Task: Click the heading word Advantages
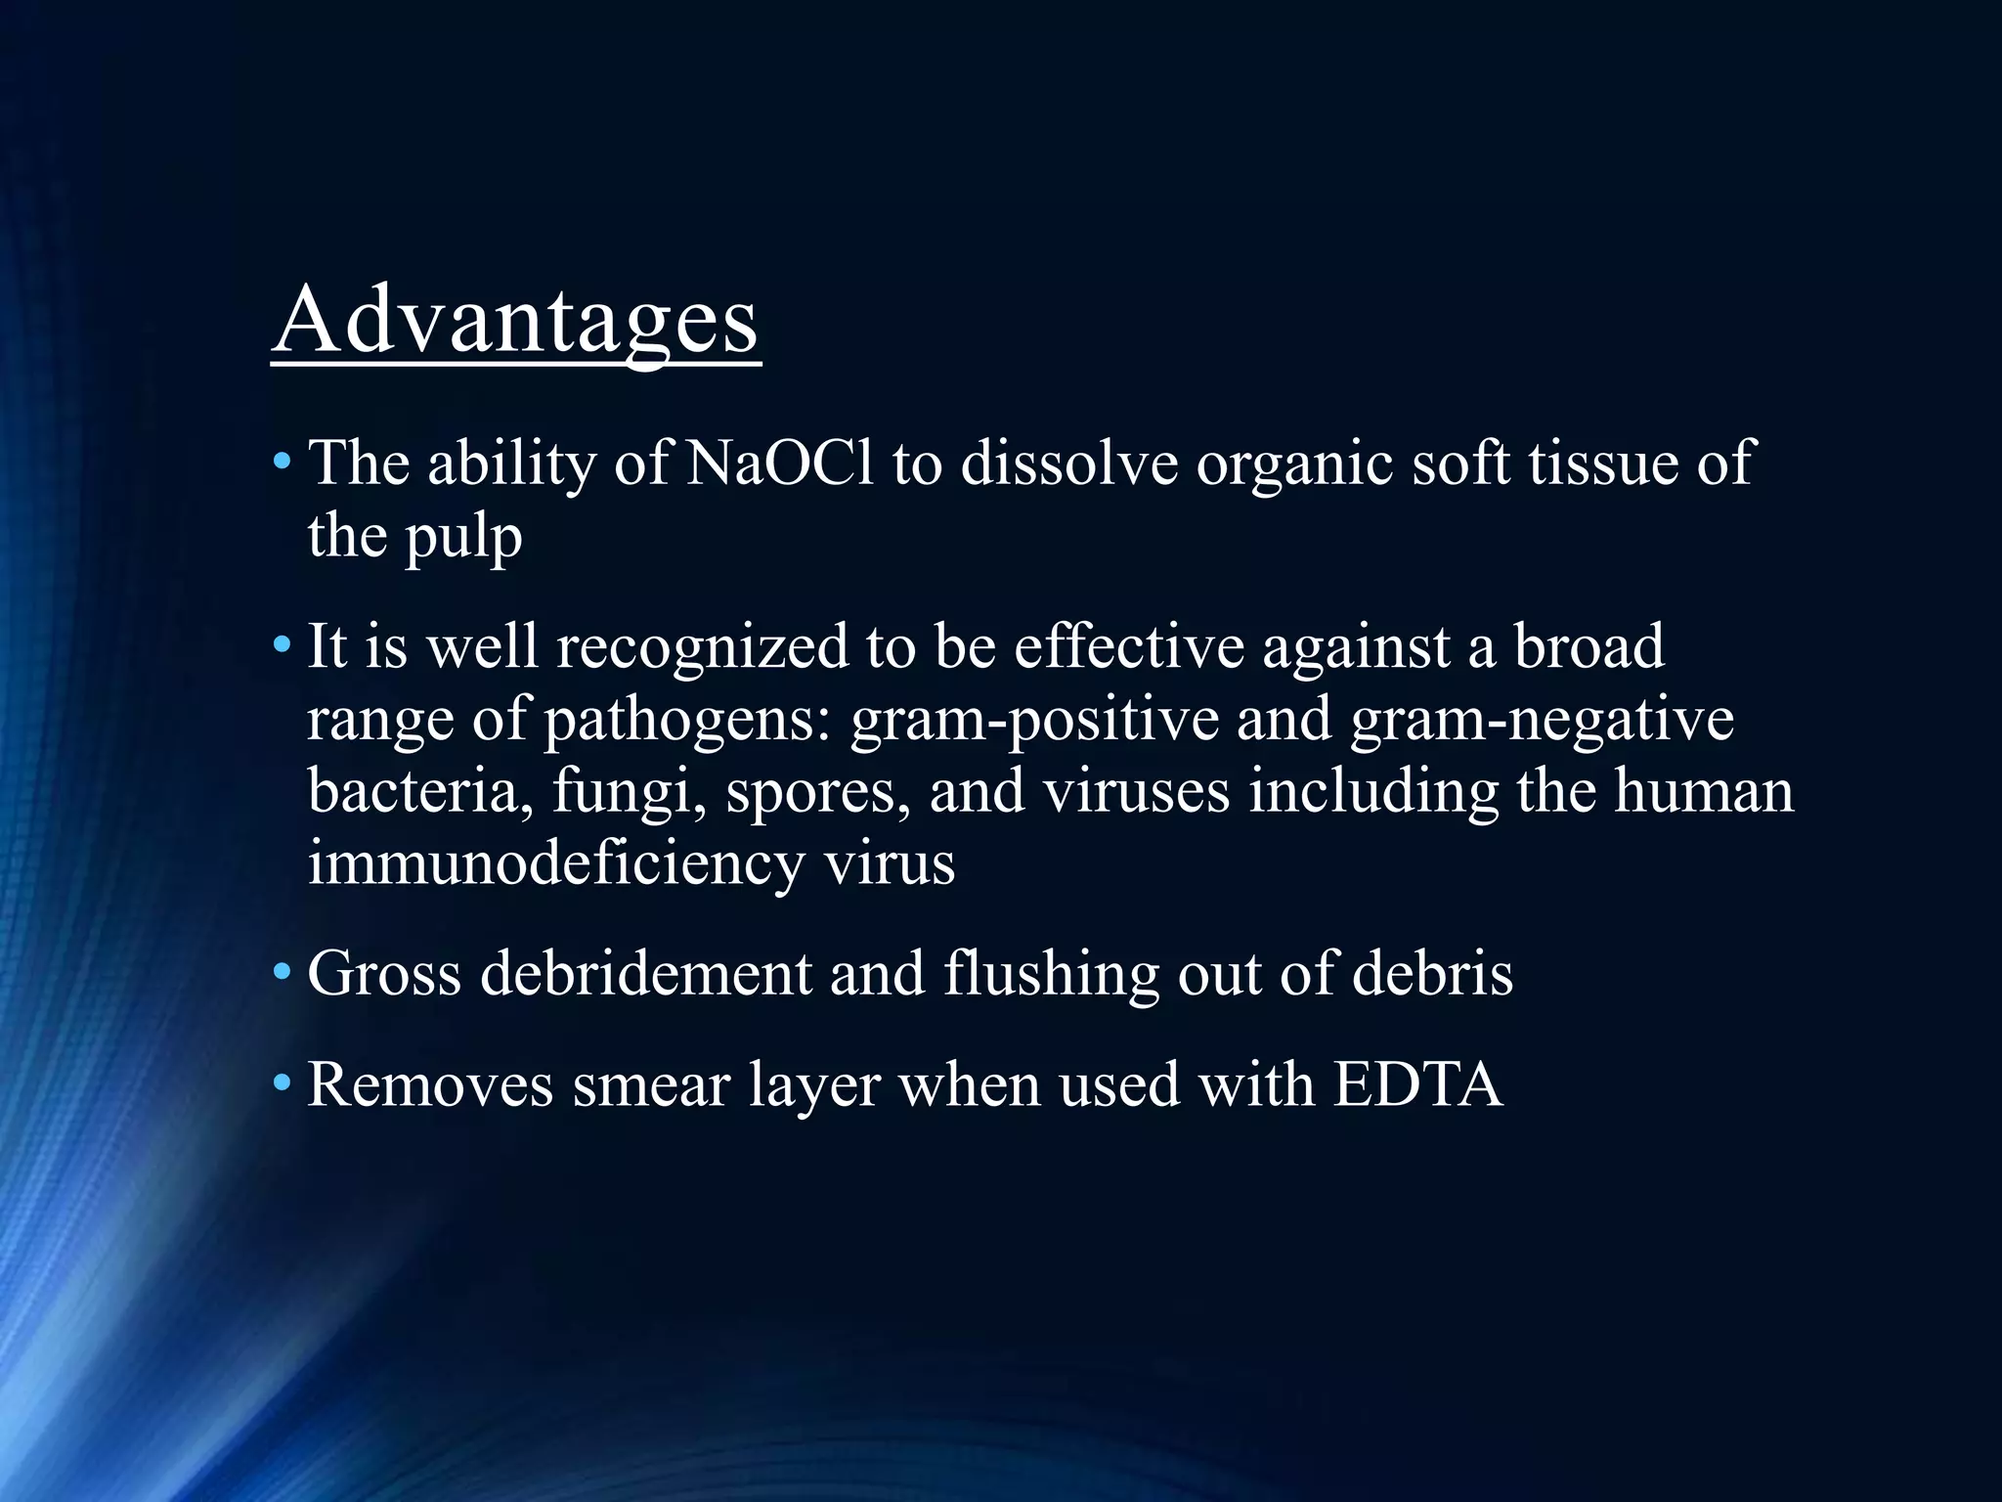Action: pos(515,321)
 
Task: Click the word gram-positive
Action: pos(1034,721)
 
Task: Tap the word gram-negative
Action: pos(1542,721)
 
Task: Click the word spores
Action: pos(818,792)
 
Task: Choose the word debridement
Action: pos(645,974)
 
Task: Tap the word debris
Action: pos(1432,974)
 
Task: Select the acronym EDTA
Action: pos(1417,1084)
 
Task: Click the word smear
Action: pos(651,1084)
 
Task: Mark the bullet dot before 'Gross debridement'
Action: pos(282,973)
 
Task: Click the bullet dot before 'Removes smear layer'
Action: pos(282,1083)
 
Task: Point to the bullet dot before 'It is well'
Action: pos(282,645)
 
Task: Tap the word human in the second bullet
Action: pos(1704,792)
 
